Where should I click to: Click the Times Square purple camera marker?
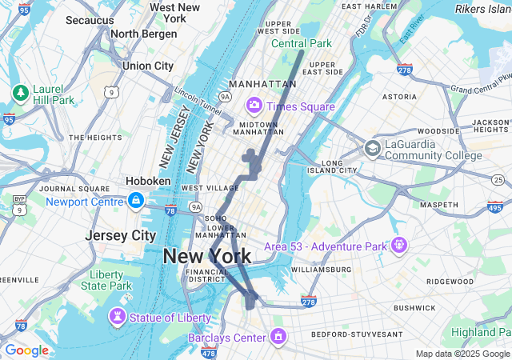tap(254, 105)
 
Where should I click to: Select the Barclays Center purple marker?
tap(278, 337)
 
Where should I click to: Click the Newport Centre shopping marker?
tap(136, 201)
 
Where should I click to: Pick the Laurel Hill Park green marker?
tap(20, 94)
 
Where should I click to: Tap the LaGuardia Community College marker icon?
tap(372, 148)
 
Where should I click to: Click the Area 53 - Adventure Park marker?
tap(399, 245)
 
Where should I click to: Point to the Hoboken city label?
tap(148, 181)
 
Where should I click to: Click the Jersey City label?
tap(121, 236)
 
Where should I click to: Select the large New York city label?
tap(207, 257)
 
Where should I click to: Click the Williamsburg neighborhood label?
tap(320, 270)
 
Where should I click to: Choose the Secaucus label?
tap(89, 19)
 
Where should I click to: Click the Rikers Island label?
tap(483, 9)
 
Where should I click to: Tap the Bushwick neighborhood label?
tap(414, 307)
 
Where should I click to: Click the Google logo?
tap(26, 350)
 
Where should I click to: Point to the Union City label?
tap(148, 66)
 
